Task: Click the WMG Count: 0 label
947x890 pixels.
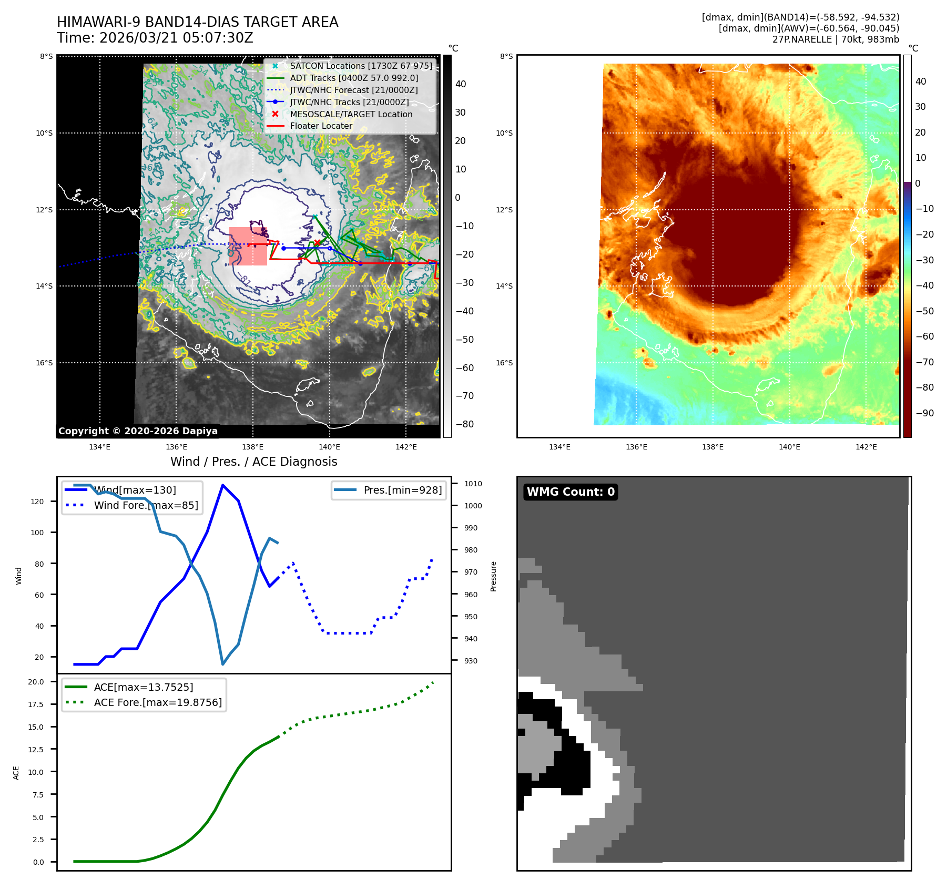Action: tap(571, 492)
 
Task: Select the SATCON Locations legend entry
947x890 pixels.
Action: tap(361, 66)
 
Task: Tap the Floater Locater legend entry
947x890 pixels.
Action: tap(321, 126)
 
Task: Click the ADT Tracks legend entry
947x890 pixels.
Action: tap(354, 78)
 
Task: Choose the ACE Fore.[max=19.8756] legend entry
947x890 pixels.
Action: tap(158, 703)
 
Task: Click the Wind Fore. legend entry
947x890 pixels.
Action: tap(146, 506)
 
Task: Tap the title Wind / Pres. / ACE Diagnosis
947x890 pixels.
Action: tap(254, 462)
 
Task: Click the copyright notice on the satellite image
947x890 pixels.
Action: tap(138, 431)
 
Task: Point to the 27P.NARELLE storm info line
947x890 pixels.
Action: tap(836, 39)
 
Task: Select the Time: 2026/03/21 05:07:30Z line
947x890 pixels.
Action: tap(155, 38)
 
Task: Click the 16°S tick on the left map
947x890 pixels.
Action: tap(44, 363)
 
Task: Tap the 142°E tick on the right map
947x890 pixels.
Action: tap(866, 447)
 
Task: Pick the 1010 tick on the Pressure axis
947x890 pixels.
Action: tap(473, 484)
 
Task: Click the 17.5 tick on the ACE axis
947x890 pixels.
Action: tap(36, 704)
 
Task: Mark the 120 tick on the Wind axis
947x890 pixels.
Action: tap(37, 502)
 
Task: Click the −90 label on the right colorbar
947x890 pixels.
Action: tap(924, 413)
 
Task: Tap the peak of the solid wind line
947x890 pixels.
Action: tap(223, 485)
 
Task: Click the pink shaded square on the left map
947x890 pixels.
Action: tap(248, 247)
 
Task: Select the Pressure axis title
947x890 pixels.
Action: tap(493, 576)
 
